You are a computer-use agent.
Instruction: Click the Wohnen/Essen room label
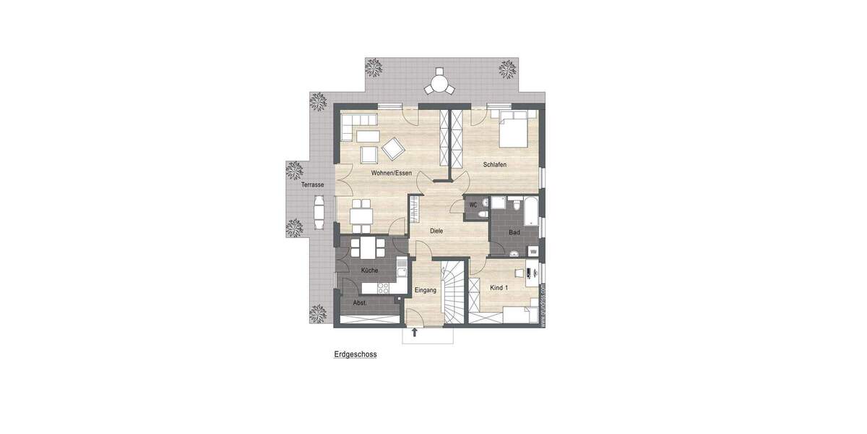(x=392, y=174)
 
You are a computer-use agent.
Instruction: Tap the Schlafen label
(x=495, y=165)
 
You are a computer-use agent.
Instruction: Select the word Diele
(x=436, y=231)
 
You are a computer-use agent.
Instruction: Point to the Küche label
(x=368, y=271)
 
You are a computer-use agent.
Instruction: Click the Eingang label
(x=426, y=290)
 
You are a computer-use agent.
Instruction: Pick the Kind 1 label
(x=499, y=288)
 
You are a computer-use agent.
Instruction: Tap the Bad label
(x=514, y=232)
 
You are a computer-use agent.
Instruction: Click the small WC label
(x=474, y=205)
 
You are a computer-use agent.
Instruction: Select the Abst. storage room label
(x=360, y=303)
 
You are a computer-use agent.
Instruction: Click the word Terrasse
(x=313, y=185)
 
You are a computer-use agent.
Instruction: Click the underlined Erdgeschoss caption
(x=355, y=355)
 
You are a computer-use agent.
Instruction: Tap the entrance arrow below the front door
(x=415, y=333)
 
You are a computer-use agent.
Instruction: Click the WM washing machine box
(x=533, y=251)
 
